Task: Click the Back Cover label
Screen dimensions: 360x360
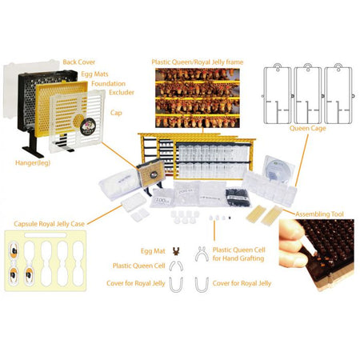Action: (79, 62)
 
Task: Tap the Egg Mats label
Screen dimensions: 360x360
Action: (94, 74)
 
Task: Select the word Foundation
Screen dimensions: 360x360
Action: (108, 84)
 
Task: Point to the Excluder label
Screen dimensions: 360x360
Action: (122, 93)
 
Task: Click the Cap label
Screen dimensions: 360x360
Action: (116, 113)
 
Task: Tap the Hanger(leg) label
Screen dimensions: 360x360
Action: (33, 163)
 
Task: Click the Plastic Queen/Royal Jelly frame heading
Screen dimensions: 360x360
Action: (198, 62)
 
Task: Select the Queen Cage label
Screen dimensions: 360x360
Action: (308, 128)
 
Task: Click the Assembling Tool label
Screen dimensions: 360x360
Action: (319, 214)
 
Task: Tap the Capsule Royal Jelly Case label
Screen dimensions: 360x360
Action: (50, 224)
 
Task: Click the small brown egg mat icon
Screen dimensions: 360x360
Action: (176, 250)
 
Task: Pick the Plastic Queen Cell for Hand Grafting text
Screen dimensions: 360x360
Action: (238, 254)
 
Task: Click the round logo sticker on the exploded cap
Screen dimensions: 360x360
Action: (88, 126)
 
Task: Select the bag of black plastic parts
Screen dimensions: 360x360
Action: (238, 198)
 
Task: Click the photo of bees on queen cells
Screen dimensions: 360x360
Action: (198, 98)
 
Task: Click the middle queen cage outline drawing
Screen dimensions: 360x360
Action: (308, 94)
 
